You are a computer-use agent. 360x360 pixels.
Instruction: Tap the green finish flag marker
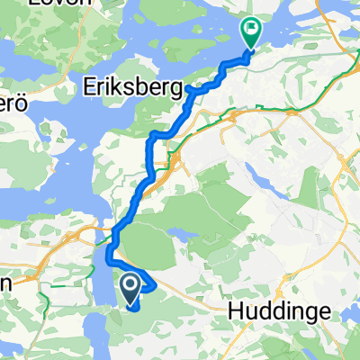250,32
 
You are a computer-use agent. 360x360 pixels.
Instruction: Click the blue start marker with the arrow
130,287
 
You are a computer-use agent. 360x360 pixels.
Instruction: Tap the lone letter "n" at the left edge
4,282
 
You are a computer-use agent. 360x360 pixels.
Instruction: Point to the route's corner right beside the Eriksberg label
192,90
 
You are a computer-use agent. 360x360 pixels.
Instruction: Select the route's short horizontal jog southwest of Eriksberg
158,133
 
